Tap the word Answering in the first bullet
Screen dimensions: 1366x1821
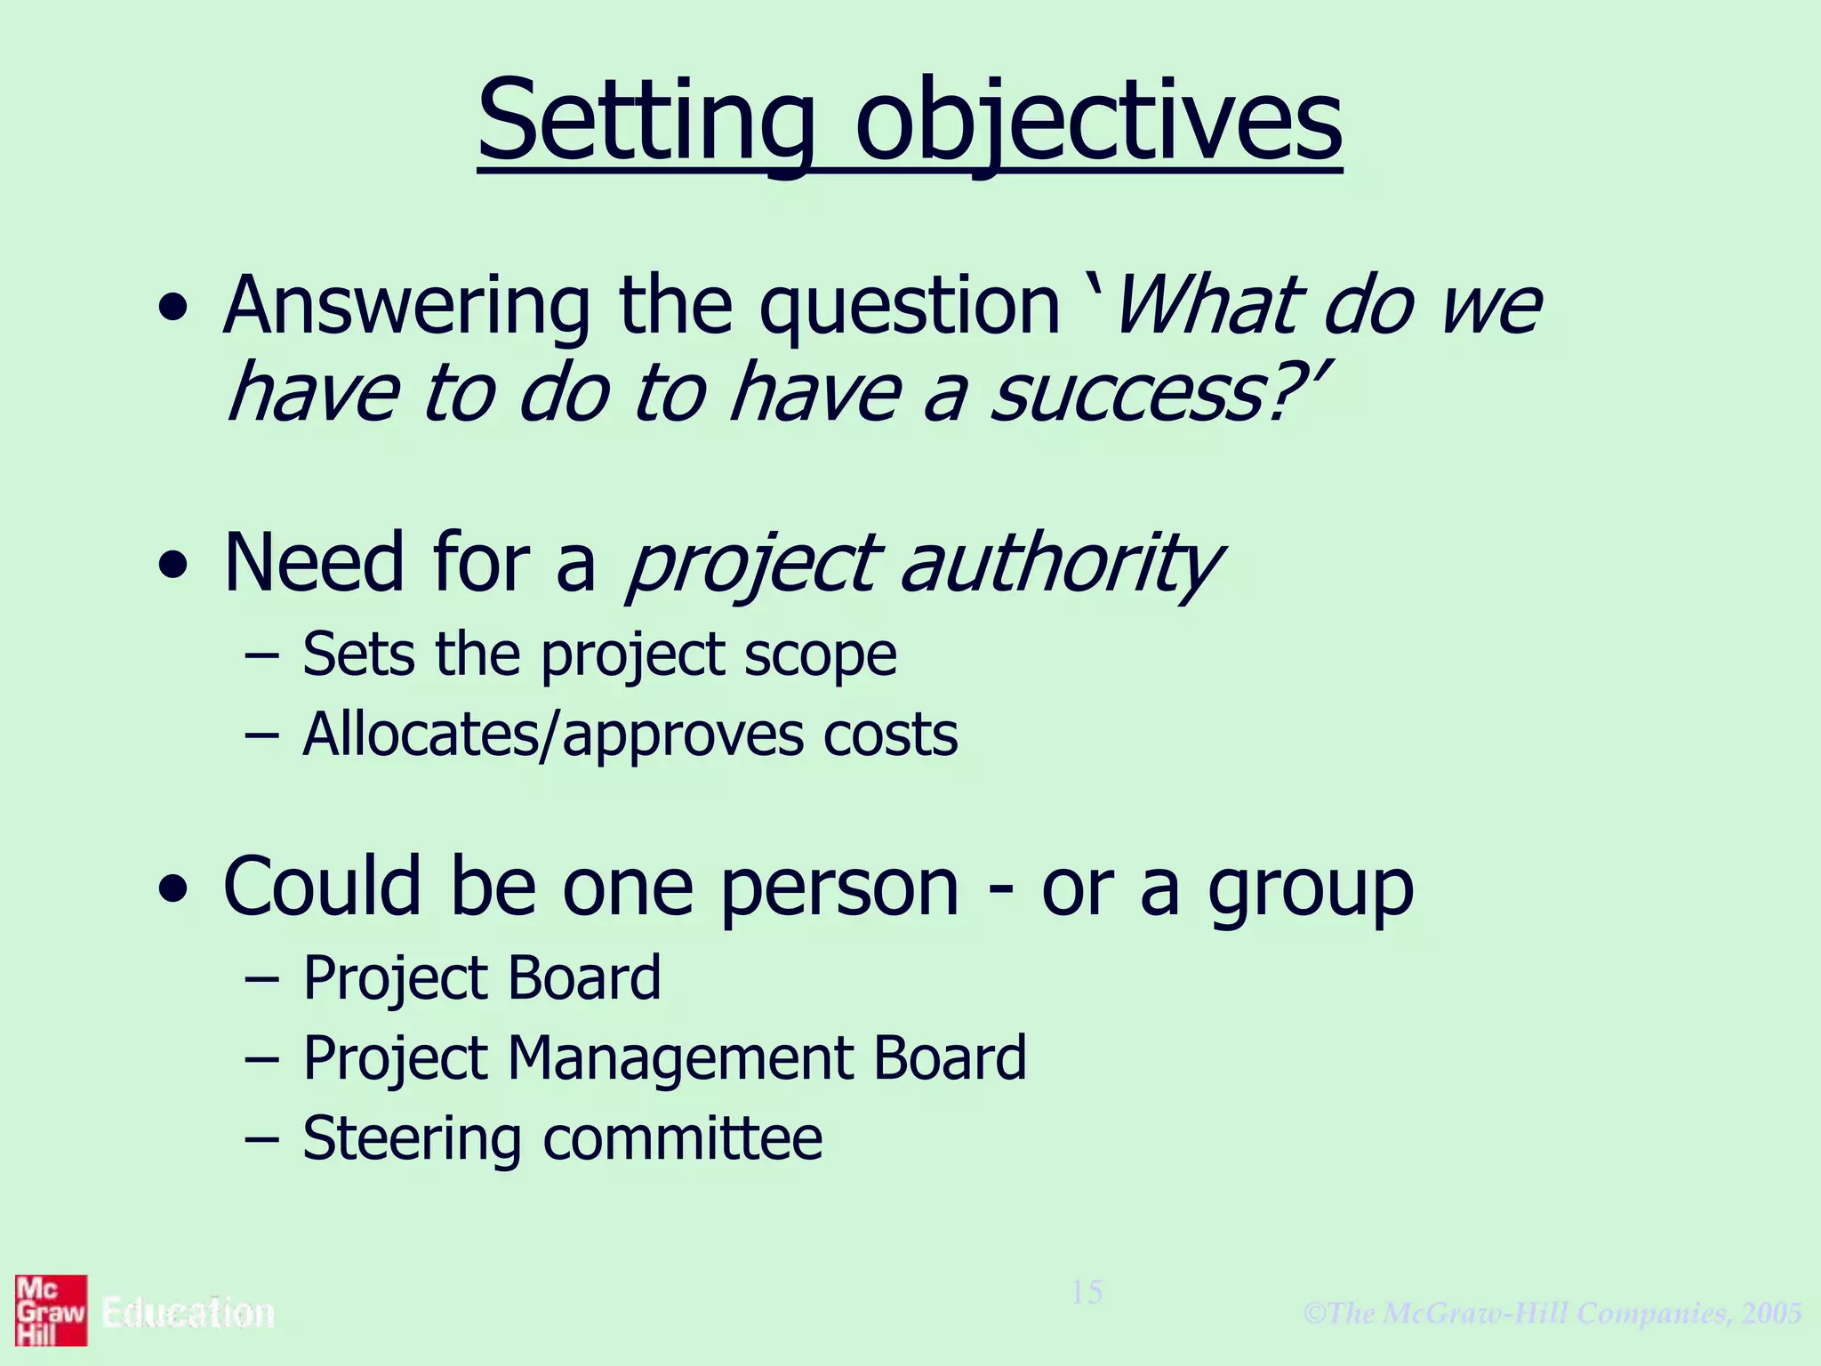click(406, 307)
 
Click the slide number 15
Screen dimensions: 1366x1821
click(1087, 1292)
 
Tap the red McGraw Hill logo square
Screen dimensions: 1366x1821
click(51, 1311)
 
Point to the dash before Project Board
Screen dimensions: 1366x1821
click(261, 978)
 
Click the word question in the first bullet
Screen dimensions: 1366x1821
click(909, 307)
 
